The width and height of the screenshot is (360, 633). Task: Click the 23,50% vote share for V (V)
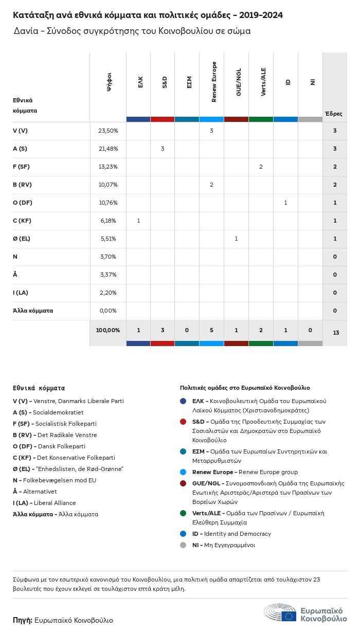pos(108,131)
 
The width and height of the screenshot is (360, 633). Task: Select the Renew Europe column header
pos(214,82)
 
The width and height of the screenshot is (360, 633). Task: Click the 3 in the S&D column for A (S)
pos(163,149)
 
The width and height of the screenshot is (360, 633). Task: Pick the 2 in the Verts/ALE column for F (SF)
pos(261,167)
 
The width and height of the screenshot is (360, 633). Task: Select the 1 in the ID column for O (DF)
pos(285,203)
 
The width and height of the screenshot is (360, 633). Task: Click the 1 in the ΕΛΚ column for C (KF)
pos(138,221)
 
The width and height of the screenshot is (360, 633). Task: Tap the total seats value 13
pos(336,333)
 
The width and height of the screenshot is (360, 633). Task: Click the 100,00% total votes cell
pos(108,330)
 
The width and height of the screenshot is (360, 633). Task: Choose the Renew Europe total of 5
pos(211,330)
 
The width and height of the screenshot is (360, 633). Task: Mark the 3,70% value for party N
pos(108,257)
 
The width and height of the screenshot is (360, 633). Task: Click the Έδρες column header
pos(333,114)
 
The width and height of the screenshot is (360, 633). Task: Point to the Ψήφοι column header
pos(109,82)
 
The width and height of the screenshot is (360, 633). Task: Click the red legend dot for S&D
pos(183,422)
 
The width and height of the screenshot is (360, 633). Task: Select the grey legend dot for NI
pos(183,545)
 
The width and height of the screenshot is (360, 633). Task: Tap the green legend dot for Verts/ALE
pos(183,513)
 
